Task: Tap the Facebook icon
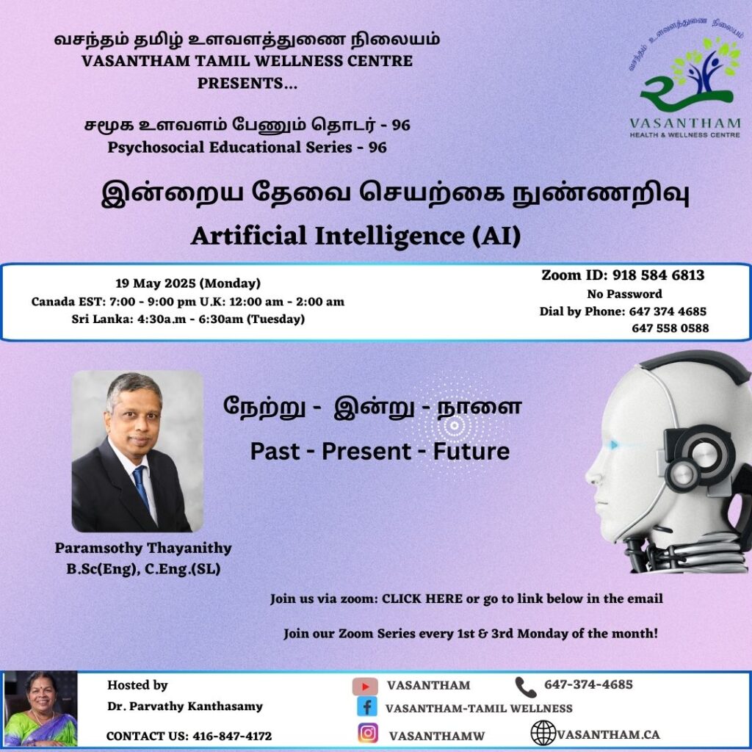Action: (x=367, y=707)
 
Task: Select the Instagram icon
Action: (x=368, y=734)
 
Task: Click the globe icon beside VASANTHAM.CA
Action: (x=543, y=734)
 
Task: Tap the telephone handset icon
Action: (x=526, y=687)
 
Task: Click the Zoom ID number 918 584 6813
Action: (x=659, y=275)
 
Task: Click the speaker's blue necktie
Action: (x=141, y=486)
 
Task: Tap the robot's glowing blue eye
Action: (x=615, y=445)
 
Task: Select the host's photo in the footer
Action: (x=40, y=709)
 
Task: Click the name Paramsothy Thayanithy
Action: (x=143, y=548)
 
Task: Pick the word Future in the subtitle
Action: (x=471, y=452)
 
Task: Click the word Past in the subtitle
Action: (x=275, y=452)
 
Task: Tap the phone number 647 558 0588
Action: (x=670, y=328)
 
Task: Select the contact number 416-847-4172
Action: (x=232, y=736)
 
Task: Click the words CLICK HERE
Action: (x=422, y=599)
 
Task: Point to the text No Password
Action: (x=624, y=294)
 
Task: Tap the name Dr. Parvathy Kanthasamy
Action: (x=184, y=706)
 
